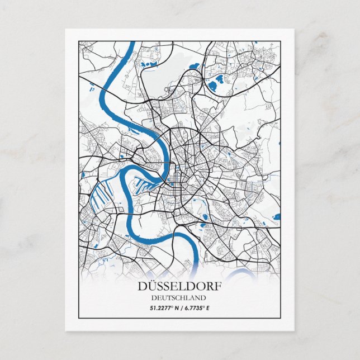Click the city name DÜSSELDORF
click(x=179, y=286)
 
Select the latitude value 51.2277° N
click(x=163, y=308)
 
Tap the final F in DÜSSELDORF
click(x=217, y=286)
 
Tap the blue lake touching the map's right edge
click(x=277, y=216)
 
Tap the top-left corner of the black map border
click(x=79, y=41)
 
